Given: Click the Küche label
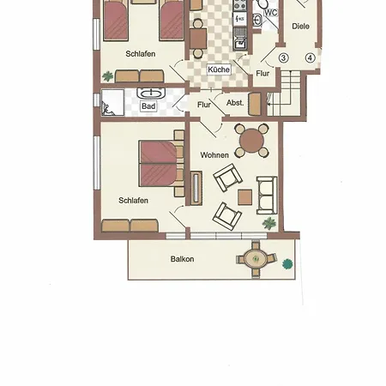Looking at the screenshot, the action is (219, 69).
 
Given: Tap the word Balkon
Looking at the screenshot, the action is (182, 259).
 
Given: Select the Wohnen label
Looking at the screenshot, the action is (214, 155).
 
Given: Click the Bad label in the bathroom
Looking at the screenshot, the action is (148, 106).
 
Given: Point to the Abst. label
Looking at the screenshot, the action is (235, 103).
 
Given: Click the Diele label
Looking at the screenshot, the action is (300, 27).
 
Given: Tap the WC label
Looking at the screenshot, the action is (271, 13).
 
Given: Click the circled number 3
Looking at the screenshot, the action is (283, 58).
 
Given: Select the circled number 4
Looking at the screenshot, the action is (310, 58).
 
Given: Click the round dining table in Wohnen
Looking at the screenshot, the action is (251, 141).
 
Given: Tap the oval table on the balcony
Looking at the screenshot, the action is (256, 259).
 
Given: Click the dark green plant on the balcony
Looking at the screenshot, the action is (287, 263).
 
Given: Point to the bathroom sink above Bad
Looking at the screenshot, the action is (151, 93).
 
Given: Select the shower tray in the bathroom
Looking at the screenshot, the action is (112, 103).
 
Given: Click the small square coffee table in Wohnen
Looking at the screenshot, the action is (245, 197).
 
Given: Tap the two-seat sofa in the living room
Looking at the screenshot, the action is (267, 196).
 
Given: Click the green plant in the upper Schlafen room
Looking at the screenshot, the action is (108, 76).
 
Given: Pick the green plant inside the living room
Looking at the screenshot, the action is (269, 223).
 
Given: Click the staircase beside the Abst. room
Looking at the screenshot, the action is (286, 93).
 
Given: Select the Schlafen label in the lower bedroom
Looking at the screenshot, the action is (133, 201).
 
